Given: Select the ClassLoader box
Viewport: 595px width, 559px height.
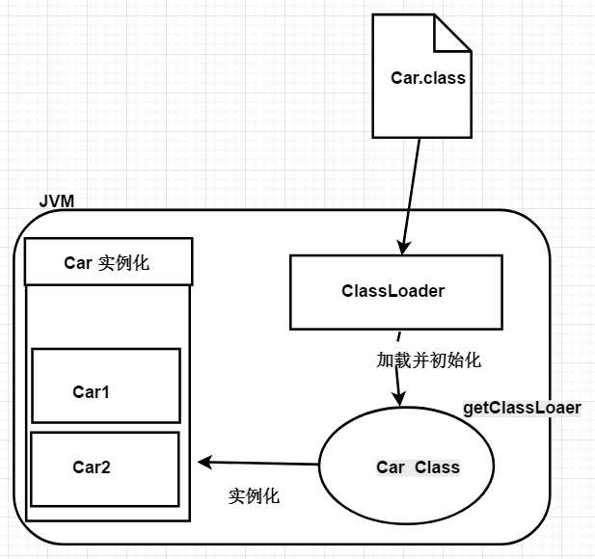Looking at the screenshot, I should coord(395,291).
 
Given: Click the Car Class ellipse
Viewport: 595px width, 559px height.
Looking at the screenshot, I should coord(405,467).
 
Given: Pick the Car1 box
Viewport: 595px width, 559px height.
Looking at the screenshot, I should coord(106,386).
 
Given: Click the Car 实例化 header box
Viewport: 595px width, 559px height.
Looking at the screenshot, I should coord(107,262).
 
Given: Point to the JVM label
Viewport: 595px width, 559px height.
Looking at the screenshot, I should coord(57,201).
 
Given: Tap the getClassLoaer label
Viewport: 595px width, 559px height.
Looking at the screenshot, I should coord(522,408).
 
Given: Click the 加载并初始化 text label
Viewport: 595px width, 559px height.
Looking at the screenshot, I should coord(428,361).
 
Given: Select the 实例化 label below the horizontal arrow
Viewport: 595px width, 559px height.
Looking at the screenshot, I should coord(254,496).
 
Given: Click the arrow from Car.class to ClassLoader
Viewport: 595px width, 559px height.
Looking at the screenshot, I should coord(412,193).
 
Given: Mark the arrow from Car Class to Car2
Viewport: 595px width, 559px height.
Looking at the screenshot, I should coord(260,463).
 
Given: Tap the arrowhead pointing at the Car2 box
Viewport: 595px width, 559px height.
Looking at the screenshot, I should coord(203,462).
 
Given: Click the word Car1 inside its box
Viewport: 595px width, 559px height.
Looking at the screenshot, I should coord(92,392).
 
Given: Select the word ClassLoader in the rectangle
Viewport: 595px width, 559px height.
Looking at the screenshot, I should coord(392,290).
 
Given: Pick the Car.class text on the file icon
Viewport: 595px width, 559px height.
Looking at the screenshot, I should coord(428,78).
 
